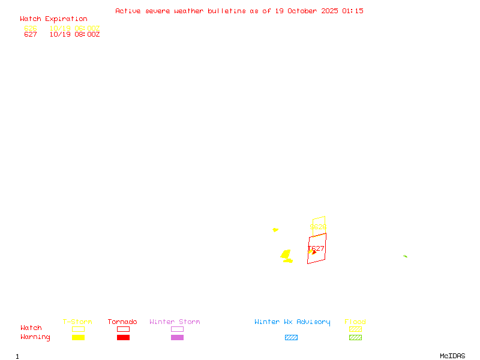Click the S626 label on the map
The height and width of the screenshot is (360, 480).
(x=318, y=227)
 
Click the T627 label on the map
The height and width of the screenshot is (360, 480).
(x=316, y=248)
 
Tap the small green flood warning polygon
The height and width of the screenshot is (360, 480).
(x=405, y=256)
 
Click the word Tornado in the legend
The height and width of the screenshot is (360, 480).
(x=122, y=322)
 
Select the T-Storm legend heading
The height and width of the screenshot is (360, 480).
(x=77, y=322)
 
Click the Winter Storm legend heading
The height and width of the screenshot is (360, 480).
(x=175, y=322)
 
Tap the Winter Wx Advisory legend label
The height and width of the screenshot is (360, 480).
(x=292, y=322)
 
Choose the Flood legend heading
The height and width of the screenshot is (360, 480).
(x=355, y=322)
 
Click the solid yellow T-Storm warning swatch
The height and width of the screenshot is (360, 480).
(x=78, y=337)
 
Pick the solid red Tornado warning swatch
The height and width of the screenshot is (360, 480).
(x=123, y=337)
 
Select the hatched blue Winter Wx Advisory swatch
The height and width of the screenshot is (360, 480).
(x=291, y=337)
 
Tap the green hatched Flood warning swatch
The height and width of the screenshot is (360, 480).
(x=355, y=337)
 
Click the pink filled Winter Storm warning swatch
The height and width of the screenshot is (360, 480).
(x=177, y=337)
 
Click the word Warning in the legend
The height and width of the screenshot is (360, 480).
(x=35, y=337)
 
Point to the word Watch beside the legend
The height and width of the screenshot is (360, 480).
(x=31, y=328)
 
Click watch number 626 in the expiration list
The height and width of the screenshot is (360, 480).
(x=31, y=28)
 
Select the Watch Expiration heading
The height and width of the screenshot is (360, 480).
(x=53, y=19)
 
